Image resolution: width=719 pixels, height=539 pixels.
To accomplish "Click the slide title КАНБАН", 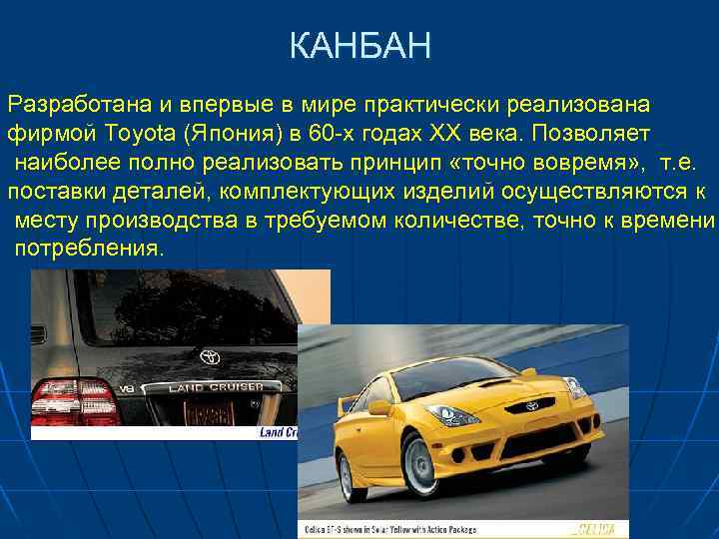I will (359, 46).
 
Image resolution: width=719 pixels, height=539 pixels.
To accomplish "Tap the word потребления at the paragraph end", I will (88, 247).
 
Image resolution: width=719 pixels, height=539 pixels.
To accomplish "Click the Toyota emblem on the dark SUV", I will (211, 356).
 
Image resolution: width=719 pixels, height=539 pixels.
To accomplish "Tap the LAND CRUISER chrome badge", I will (216, 387).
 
